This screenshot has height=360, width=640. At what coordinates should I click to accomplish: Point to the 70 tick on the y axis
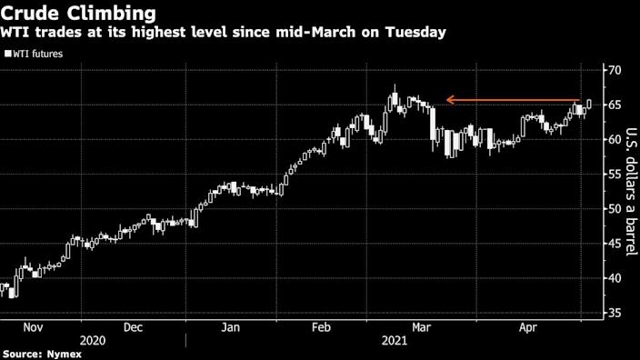click(x=615, y=70)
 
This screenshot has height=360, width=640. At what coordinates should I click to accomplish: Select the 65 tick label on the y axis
click(x=615, y=105)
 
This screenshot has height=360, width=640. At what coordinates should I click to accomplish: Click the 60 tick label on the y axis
click(x=615, y=139)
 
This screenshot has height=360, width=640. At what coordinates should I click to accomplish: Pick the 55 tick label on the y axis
click(x=615, y=174)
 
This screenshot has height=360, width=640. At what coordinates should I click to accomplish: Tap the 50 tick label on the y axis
click(x=615, y=209)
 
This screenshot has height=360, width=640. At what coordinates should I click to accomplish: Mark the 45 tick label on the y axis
click(x=615, y=244)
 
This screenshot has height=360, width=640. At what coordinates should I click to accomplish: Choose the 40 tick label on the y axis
click(x=615, y=278)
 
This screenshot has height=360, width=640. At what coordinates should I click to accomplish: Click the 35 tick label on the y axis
click(x=615, y=313)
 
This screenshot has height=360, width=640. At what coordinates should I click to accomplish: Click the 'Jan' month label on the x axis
click(x=231, y=326)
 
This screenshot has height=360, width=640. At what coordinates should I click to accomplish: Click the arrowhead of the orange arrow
click(x=448, y=100)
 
